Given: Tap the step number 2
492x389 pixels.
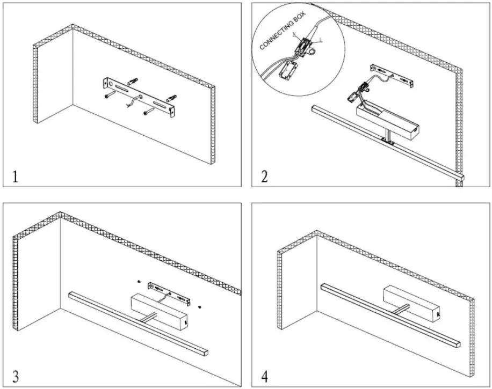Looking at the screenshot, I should click(264, 177).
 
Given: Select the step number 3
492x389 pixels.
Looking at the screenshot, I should click(16, 375).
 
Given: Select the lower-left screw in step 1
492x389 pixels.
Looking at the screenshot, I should click(109, 96).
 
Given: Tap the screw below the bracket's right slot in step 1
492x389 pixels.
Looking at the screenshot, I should click(148, 113).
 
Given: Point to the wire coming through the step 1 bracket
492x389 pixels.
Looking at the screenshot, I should click(131, 102).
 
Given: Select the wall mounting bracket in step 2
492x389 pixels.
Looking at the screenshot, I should click(393, 75).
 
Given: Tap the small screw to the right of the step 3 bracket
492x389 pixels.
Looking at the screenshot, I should click(199, 307).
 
